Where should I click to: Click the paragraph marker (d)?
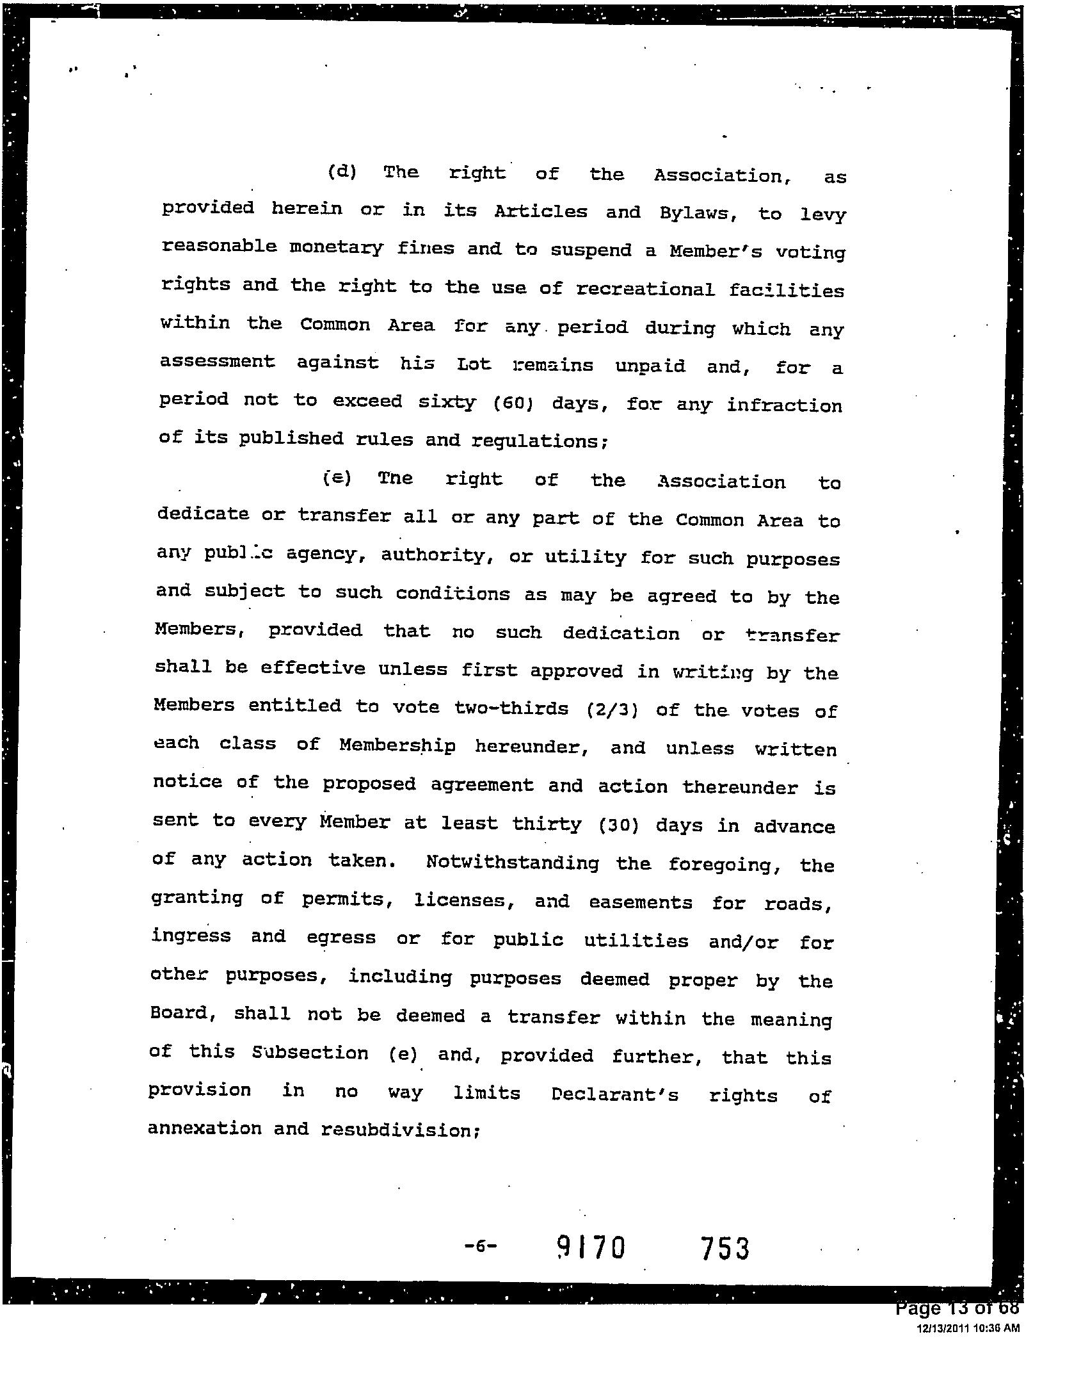[342, 172]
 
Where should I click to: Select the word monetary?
[336, 248]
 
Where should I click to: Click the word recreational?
[645, 289]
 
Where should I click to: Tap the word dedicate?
[203, 514]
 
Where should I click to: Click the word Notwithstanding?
[512, 863]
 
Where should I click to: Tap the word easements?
[640, 903]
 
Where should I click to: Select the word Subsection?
[310, 1053]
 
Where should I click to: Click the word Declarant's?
[614, 1094]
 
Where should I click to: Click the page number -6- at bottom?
[480, 1246]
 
